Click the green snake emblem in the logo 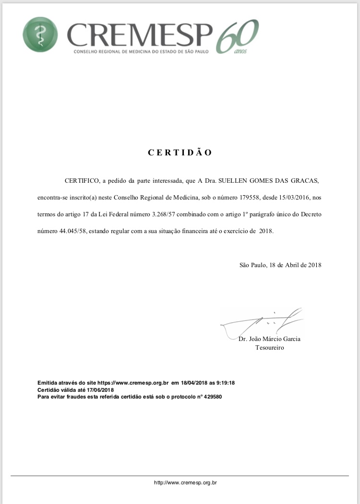pos(40,35)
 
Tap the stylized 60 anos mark pos(238,36)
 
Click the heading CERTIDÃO pos(180,152)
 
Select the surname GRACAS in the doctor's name pos(304,181)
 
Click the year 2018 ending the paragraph pos(266,231)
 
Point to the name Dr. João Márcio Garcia pos(269,339)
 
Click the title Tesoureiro pos(269,348)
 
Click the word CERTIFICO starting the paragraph pos(82,181)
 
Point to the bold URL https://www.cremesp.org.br pos(132,383)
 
